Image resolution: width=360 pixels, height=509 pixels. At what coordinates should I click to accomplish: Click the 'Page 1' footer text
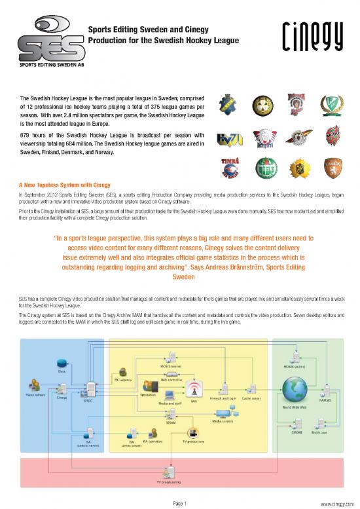pyautogui.click(x=180, y=503)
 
